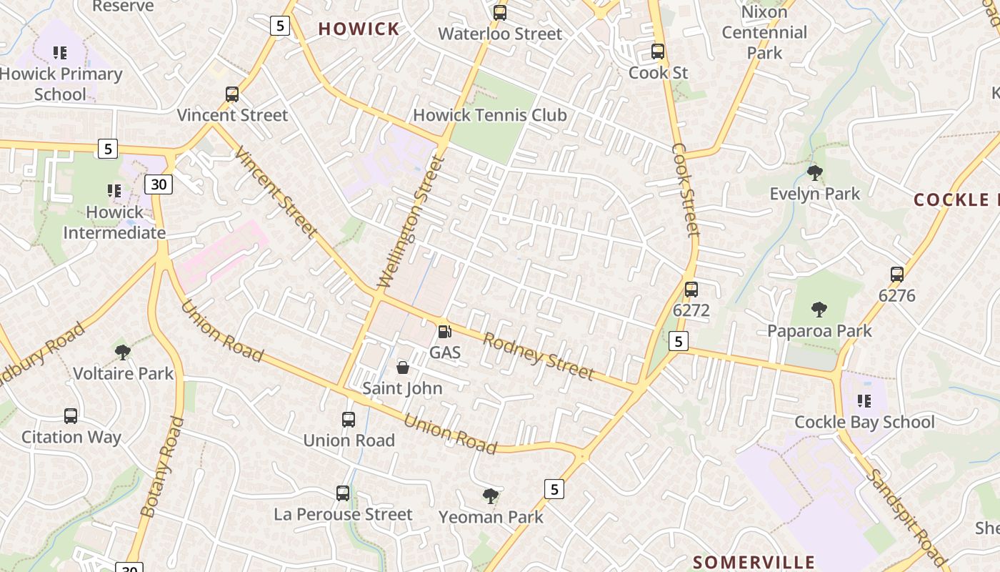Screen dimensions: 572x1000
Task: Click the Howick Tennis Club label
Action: (x=489, y=115)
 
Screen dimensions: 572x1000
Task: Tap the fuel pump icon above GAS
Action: (x=444, y=332)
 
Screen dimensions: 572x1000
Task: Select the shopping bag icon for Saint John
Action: (x=403, y=368)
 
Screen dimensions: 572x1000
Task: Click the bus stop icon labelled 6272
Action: (x=691, y=290)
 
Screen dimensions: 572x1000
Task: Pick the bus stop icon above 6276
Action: (x=896, y=275)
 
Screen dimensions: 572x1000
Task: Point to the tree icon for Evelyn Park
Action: (x=814, y=172)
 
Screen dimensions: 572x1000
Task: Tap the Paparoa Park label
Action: (x=819, y=331)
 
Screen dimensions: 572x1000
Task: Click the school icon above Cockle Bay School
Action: (x=864, y=401)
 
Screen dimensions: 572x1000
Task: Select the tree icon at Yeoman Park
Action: (x=490, y=495)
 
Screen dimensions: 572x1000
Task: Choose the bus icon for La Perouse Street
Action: (x=343, y=493)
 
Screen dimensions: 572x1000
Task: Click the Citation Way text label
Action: (x=71, y=437)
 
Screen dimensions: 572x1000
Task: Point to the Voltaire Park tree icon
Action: (x=123, y=352)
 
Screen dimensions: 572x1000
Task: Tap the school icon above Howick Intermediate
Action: (x=114, y=191)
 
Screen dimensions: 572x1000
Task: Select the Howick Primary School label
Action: (x=61, y=84)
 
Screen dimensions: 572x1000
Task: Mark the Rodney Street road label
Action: (x=538, y=356)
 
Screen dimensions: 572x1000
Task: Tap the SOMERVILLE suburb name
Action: (x=754, y=562)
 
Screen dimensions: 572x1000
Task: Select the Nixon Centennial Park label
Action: (x=764, y=32)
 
